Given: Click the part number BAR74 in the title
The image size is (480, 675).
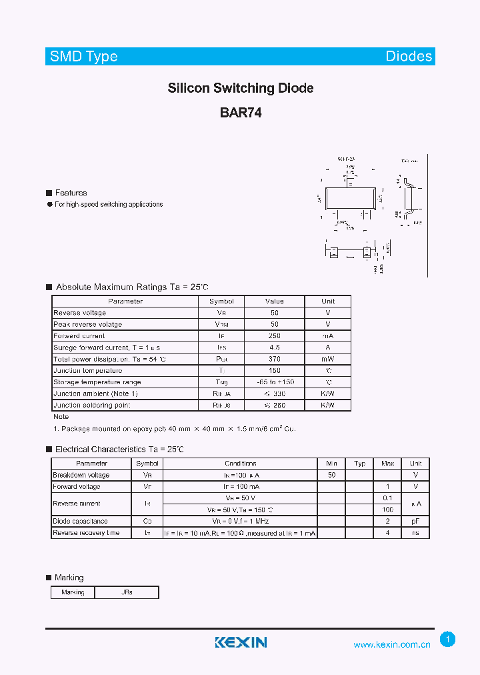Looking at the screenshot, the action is (x=241, y=113).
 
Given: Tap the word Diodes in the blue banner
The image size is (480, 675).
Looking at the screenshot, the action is (x=409, y=57).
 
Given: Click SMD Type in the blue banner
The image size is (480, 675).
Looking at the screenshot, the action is (x=84, y=57).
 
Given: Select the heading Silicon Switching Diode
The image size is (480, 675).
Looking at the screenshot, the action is (x=241, y=88).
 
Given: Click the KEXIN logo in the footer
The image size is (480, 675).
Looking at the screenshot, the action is (x=241, y=642).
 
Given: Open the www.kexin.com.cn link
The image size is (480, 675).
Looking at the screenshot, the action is (x=391, y=644).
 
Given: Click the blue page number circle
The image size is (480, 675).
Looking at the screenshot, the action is (x=448, y=640).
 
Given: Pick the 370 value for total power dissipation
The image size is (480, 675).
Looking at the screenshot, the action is (x=274, y=359).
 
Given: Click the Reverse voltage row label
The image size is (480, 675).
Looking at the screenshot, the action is (x=79, y=313).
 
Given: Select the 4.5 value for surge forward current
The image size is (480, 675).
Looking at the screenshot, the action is (x=274, y=348).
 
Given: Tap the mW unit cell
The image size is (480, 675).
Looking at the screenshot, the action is (x=327, y=359).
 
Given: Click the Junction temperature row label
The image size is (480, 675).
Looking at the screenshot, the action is (x=87, y=370).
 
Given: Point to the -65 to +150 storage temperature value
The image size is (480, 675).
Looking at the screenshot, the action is (x=274, y=382).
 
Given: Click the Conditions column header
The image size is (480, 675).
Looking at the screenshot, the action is (x=241, y=464).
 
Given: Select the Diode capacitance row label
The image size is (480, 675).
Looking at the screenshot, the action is (x=80, y=522).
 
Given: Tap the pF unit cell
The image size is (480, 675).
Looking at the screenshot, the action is (x=415, y=522).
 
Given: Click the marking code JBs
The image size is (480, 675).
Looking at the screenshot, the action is (x=127, y=592).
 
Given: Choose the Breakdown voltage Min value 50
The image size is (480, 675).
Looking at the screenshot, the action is (x=331, y=475).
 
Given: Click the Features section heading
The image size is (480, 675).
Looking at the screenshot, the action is (x=71, y=193).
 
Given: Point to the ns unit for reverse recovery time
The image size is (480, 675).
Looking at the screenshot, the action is (x=415, y=533).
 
